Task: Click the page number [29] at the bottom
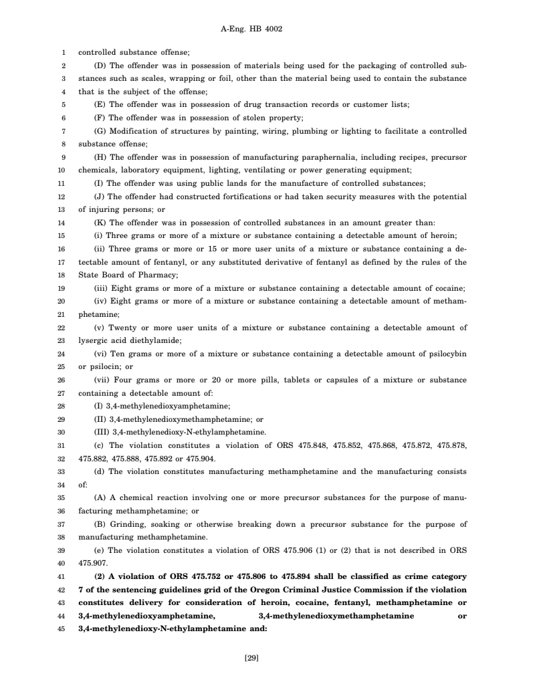pyautogui.click(x=251, y=659)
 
